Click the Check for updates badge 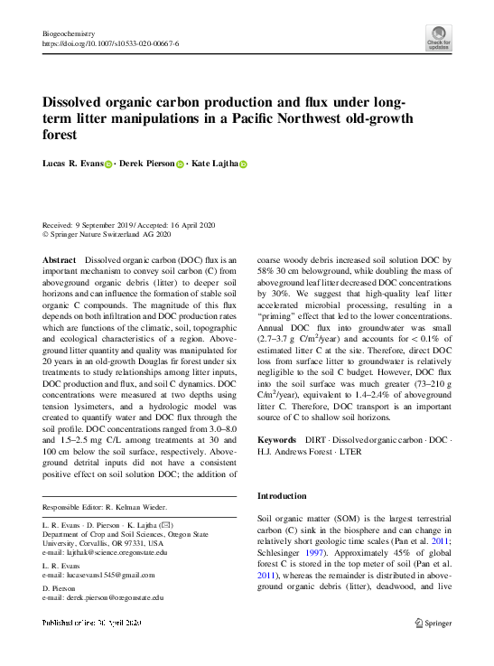pos(438,37)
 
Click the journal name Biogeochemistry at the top pos(68,32)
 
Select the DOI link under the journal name pos(110,42)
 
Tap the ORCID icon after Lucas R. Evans pos(108,164)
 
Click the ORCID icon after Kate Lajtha pos(242,164)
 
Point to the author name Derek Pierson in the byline pos(148,164)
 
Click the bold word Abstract pos(59,259)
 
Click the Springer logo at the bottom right pos(433,623)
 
